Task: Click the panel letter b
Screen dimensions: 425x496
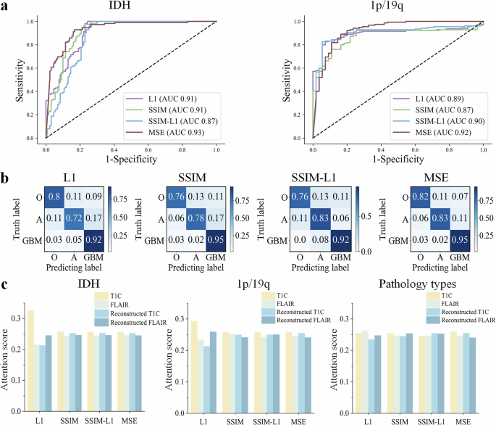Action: [x=6, y=176]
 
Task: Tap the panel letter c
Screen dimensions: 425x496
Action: [x=6, y=272]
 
